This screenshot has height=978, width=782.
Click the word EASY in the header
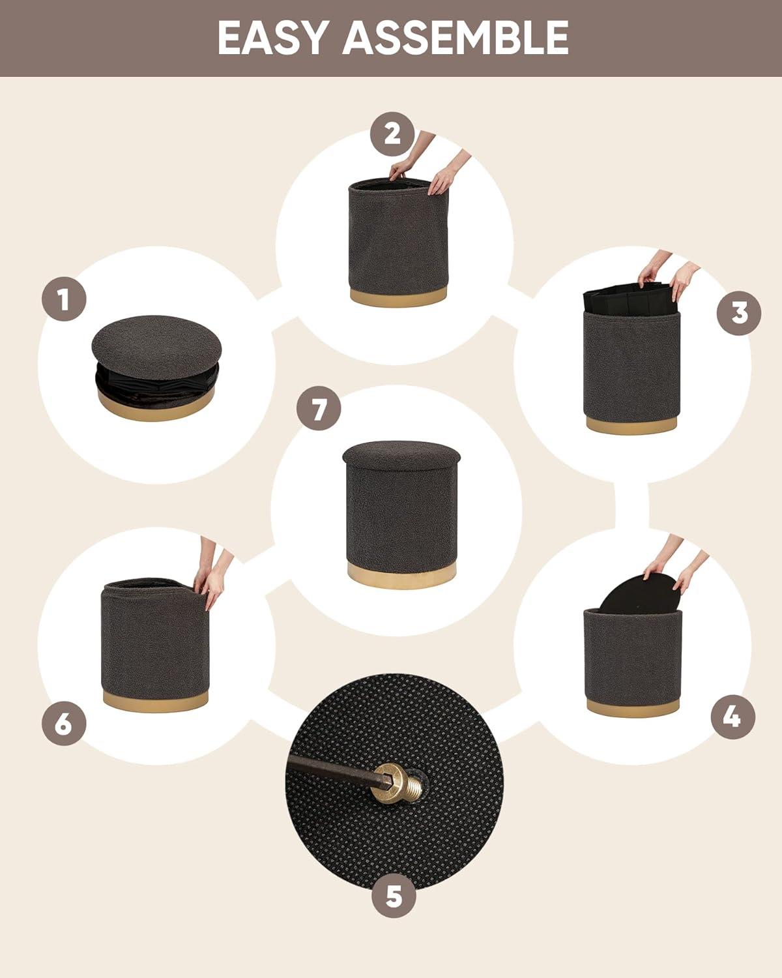273,38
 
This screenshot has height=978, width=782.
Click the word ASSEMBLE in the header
456,38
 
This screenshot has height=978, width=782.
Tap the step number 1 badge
64,299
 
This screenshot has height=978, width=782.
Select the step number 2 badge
392,134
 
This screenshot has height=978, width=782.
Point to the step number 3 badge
739,313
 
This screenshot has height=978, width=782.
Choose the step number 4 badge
733,717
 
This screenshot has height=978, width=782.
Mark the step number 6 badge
64,723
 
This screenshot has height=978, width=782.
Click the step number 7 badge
319,409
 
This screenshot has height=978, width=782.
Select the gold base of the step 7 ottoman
401,575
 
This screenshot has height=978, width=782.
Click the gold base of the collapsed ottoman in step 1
156,406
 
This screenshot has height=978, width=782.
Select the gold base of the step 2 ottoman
398,295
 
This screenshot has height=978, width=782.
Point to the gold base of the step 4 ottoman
633,707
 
